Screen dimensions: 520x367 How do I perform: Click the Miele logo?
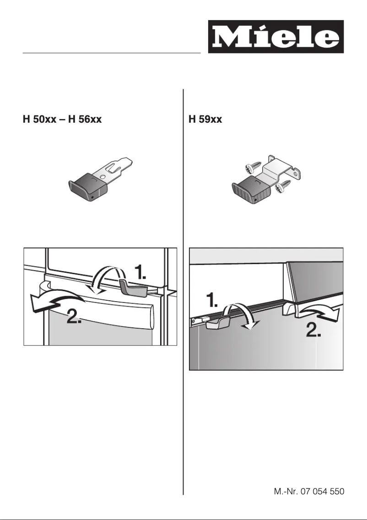pos(275,37)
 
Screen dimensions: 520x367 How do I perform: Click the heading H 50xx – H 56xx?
pos(62,120)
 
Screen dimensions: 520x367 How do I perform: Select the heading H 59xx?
pos(205,120)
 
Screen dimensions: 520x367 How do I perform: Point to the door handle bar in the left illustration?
pos(110,313)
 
